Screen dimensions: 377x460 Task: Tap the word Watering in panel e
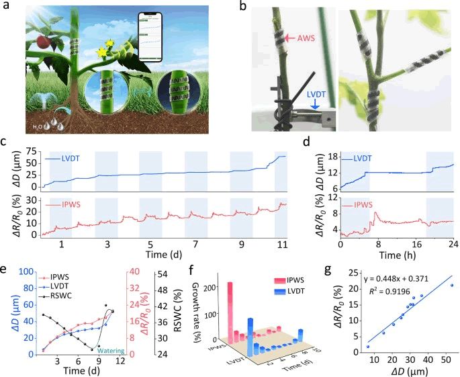pyautogui.click(x=111, y=350)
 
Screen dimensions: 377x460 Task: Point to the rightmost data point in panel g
pyautogui.click(x=451, y=285)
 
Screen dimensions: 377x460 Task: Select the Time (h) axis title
pyautogui.click(x=396, y=255)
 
